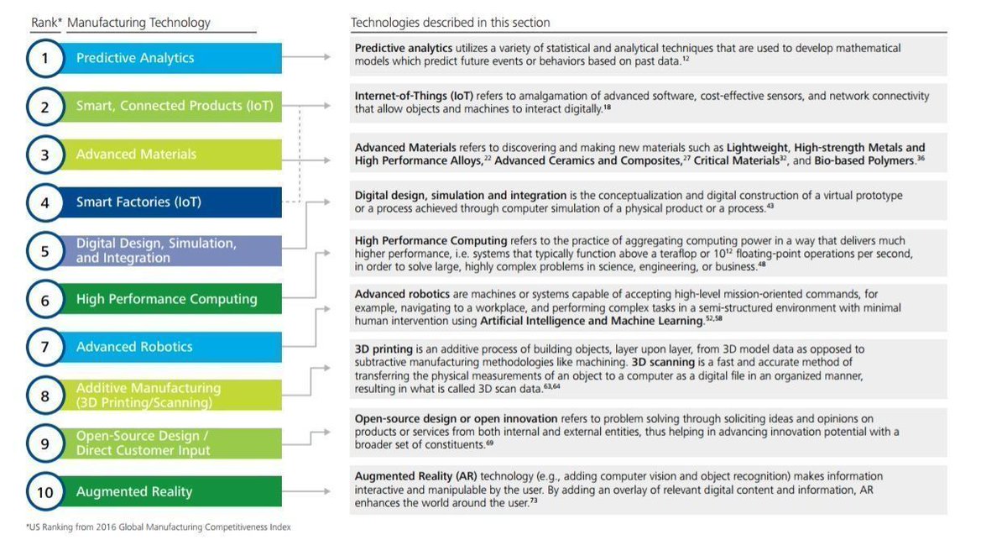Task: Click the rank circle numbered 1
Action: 44,58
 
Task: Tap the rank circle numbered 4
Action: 44,202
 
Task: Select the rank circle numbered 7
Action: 44,347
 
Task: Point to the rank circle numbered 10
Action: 44,491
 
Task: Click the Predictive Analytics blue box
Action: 168,58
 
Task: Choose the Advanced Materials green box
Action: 168,155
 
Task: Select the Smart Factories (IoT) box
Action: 168,202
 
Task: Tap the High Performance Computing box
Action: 168,299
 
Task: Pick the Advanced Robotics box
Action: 168,347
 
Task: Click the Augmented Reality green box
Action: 168,491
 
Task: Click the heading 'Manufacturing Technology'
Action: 138,23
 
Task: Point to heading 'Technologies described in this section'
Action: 450,23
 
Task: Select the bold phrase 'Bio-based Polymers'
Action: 864,160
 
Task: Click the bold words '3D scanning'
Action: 665,363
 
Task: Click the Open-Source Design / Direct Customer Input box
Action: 168,443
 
